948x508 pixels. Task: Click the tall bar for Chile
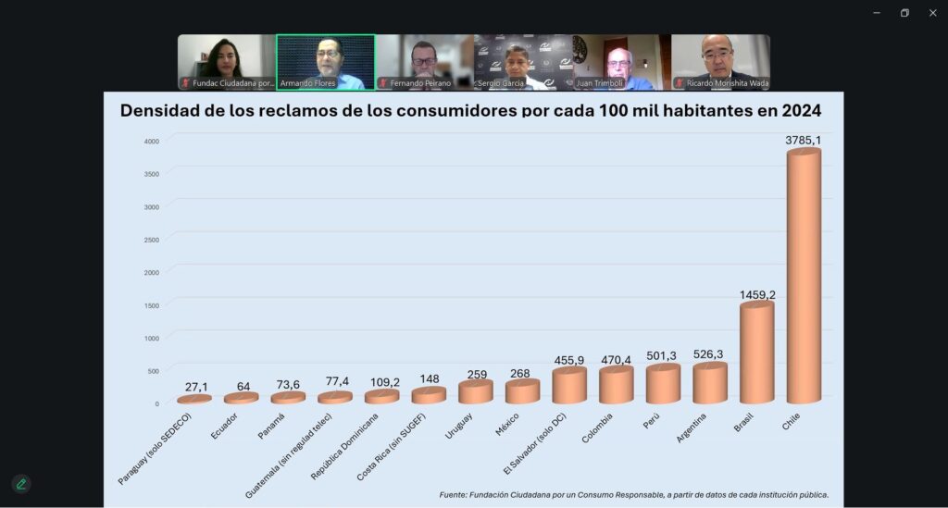pos(804,278)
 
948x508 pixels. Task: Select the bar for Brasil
pos(756,353)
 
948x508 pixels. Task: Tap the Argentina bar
pos(710,384)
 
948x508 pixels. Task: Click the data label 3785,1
pos(804,141)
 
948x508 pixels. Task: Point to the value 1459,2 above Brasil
pos(757,294)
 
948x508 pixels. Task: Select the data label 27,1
pos(195,387)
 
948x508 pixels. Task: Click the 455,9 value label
pos(568,360)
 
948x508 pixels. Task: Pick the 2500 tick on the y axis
pos(151,240)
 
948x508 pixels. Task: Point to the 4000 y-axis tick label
pos(151,141)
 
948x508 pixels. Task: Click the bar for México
pos(522,392)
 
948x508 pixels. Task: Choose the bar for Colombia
pos(616,386)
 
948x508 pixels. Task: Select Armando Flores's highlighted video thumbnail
pos(326,61)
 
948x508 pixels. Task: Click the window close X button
pos(932,13)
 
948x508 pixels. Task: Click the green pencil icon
pos(21,484)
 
